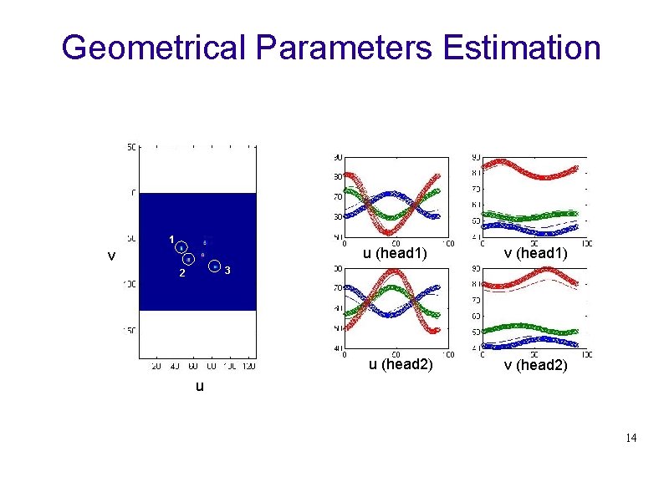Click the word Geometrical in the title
click(155, 48)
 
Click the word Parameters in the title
click(345, 48)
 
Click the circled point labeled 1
click(181, 248)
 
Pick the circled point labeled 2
click(188, 260)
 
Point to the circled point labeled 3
click(215, 266)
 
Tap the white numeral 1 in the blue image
click(171, 241)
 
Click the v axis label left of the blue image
click(110, 256)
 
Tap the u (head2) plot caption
click(401, 365)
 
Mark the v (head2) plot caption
click(534, 365)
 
